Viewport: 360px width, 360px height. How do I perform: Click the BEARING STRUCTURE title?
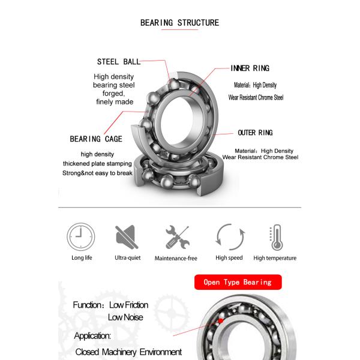pyautogui.click(x=179, y=23)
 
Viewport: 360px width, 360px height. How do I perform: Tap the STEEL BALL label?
pyautogui.click(x=119, y=61)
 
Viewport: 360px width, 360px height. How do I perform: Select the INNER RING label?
pyautogui.click(x=250, y=68)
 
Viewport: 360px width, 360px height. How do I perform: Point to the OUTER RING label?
pyautogui.click(x=255, y=133)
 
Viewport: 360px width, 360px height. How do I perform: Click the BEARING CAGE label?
pyautogui.click(x=96, y=139)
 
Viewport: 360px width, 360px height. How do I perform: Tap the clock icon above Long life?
pyautogui.click(x=81, y=236)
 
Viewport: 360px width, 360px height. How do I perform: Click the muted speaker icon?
pyautogui.click(x=127, y=236)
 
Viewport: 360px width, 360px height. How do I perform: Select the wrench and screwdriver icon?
pyautogui.click(x=176, y=237)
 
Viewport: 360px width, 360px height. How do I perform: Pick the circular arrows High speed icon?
pyautogui.click(x=229, y=237)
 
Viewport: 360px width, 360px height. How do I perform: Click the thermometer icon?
pyautogui.click(x=275, y=237)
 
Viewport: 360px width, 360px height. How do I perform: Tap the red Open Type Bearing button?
pyautogui.click(x=238, y=282)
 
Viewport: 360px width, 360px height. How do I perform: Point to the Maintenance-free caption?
pyautogui.click(x=176, y=258)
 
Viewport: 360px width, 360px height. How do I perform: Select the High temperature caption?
pyautogui.click(x=275, y=258)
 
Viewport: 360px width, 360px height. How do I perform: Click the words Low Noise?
pyautogui.click(x=125, y=317)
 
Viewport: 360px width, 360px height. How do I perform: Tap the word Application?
pyautogui.click(x=92, y=335)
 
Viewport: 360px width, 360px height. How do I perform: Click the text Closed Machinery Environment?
pyautogui.click(x=128, y=352)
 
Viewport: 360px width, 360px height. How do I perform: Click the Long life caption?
pyautogui.click(x=82, y=258)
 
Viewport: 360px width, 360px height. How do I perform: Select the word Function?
pyautogui.click(x=89, y=305)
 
